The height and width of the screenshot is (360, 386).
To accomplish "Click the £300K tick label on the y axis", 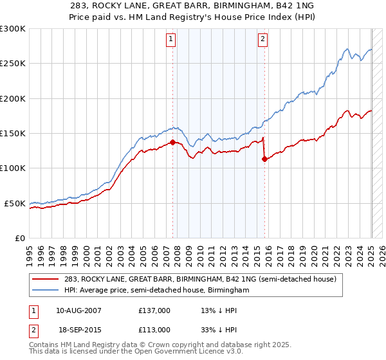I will pyautogui.click(x=13, y=29).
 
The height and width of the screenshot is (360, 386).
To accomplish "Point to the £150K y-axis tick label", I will pyautogui.click(x=13, y=133).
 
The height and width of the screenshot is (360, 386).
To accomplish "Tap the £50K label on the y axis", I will pyautogui.click(x=15, y=203).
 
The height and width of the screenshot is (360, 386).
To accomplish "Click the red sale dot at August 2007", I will pyautogui.click(x=172, y=142).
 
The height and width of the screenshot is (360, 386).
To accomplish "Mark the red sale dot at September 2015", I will pyautogui.click(x=264, y=159).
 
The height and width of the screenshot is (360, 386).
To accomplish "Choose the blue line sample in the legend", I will pyautogui.click(x=46, y=290).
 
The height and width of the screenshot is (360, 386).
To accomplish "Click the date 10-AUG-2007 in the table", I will pyautogui.click(x=78, y=310).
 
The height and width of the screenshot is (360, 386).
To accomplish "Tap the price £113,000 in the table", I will pyautogui.click(x=154, y=329).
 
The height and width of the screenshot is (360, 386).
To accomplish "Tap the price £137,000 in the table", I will pyautogui.click(x=154, y=310).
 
